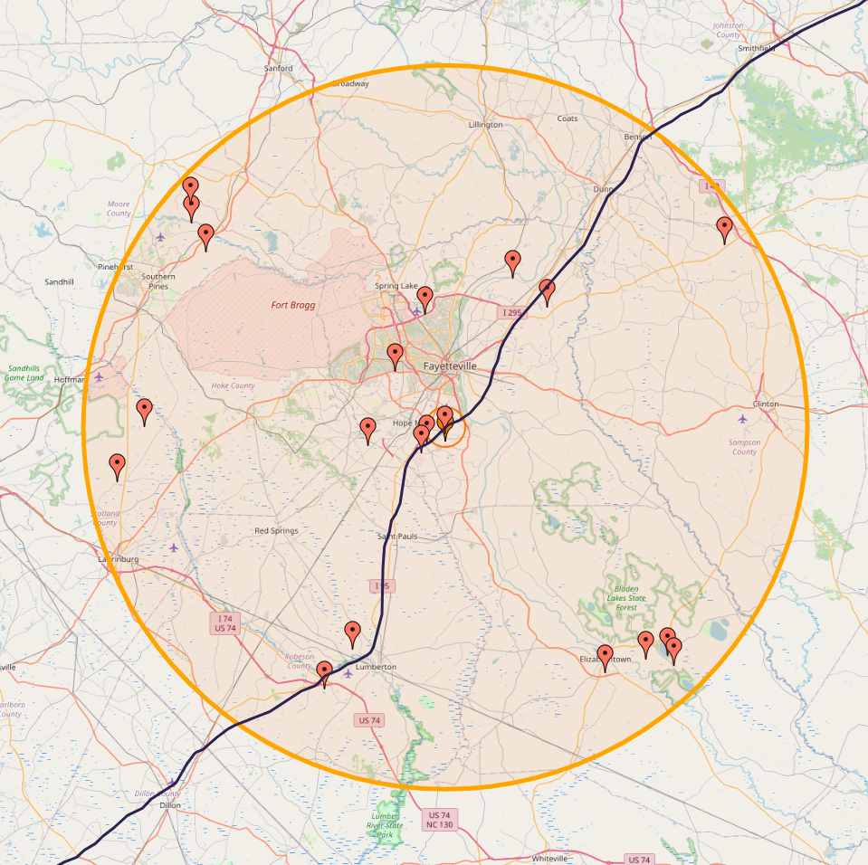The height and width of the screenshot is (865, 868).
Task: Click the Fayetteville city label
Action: coord(449,366)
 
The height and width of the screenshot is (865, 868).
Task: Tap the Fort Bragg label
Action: coord(293,306)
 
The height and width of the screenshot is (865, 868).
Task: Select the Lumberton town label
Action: coord(376,667)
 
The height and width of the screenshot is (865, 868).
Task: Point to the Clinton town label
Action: coord(766,404)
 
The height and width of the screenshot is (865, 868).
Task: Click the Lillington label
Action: coord(485,125)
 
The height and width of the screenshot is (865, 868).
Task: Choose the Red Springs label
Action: coord(276,531)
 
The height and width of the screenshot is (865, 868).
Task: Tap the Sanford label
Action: coord(279,69)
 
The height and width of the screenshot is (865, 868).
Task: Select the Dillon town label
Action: coord(170,804)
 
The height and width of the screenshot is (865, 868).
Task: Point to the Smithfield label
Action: coord(757,48)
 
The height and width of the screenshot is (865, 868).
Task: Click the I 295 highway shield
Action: coord(511,313)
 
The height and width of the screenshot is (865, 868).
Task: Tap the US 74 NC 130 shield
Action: coord(439,820)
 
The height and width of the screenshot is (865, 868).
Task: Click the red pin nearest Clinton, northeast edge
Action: coord(724,230)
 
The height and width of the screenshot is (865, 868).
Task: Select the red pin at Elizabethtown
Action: coord(606,658)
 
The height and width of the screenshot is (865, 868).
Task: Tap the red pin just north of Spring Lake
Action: coord(424,299)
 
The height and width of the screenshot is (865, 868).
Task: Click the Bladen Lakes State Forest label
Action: coord(625,597)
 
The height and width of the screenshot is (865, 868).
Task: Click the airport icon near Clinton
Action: coord(743,418)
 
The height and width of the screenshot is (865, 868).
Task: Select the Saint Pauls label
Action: coord(397,537)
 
